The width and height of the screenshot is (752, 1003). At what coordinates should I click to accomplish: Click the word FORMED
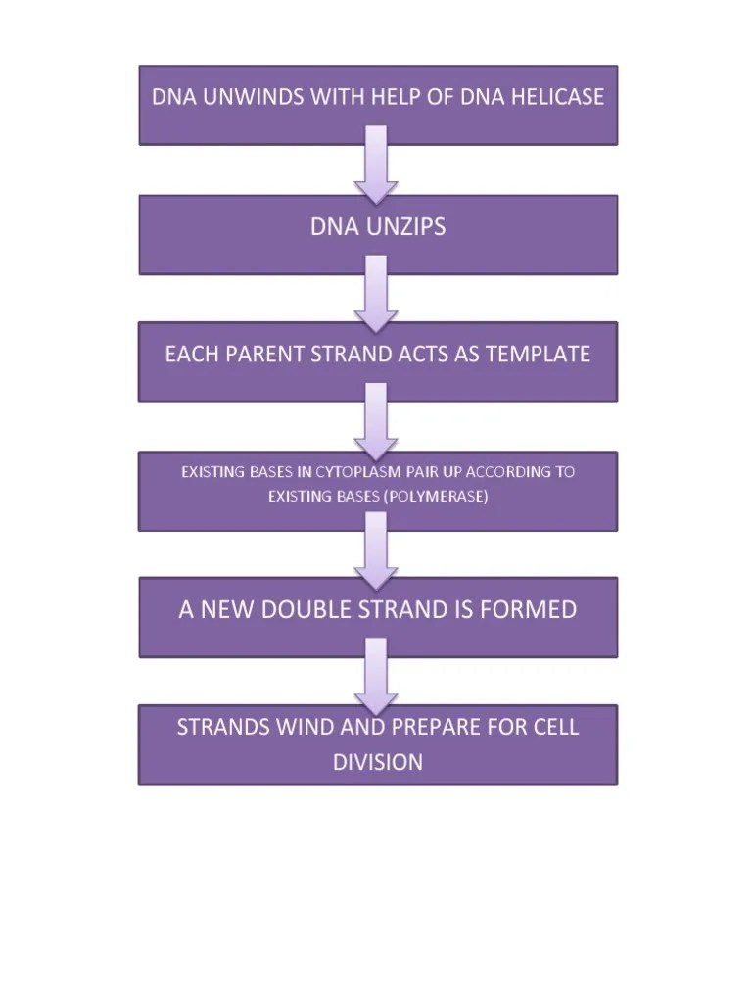click(x=529, y=609)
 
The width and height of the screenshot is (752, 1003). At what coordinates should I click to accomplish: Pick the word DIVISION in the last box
click(x=378, y=762)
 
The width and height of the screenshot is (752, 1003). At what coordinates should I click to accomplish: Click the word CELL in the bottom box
click(x=556, y=728)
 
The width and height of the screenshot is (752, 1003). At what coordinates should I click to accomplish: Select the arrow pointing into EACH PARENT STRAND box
click(x=376, y=293)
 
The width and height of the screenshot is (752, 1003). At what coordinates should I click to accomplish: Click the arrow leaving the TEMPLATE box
click(x=376, y=422)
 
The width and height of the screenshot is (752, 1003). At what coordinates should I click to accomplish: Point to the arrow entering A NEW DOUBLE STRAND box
click(x=376, y=550)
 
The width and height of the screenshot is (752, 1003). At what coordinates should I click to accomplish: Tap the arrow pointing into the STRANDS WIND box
click(x=376, y=677)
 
